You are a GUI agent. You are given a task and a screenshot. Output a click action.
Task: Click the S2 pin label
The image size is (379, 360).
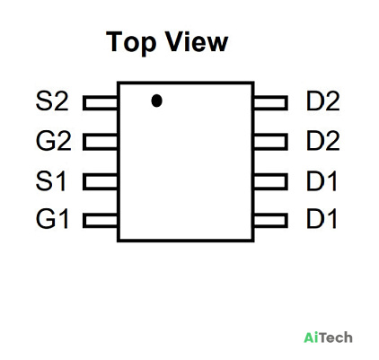52,101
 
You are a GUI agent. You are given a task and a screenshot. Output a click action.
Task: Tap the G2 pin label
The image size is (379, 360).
53,141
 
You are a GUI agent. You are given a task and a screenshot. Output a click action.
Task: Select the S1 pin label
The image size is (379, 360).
50,180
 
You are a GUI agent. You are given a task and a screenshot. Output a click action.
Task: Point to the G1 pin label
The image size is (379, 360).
52,219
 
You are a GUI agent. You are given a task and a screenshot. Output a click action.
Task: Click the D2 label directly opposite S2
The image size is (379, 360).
323,101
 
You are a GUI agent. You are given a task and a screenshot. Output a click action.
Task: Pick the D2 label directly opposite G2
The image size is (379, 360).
323,141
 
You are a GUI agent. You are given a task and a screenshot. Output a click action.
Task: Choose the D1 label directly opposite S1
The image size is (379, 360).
322,180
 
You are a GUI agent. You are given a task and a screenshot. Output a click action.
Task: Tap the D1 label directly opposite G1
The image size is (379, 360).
322,219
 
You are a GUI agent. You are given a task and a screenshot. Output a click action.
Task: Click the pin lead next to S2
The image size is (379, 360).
100,102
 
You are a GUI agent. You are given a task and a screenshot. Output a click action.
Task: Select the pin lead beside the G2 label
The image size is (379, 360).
100,142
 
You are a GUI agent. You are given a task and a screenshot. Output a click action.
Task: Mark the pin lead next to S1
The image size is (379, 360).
100,181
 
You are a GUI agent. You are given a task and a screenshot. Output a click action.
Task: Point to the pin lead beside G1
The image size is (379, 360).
100,220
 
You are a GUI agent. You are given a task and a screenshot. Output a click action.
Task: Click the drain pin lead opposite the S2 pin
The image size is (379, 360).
270,102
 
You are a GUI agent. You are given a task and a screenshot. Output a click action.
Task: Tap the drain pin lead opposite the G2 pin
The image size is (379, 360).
270,142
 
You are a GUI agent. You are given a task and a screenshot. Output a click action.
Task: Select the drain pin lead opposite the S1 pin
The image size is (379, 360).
270,181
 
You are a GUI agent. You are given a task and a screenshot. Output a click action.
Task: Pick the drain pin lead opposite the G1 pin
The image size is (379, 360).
270,220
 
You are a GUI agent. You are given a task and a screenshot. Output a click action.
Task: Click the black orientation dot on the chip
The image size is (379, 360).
156,101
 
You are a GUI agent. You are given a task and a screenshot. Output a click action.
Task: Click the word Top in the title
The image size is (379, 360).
131,42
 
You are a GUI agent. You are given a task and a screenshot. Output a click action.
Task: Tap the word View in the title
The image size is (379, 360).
197,41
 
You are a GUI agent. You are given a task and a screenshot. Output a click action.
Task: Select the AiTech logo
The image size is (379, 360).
328,338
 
